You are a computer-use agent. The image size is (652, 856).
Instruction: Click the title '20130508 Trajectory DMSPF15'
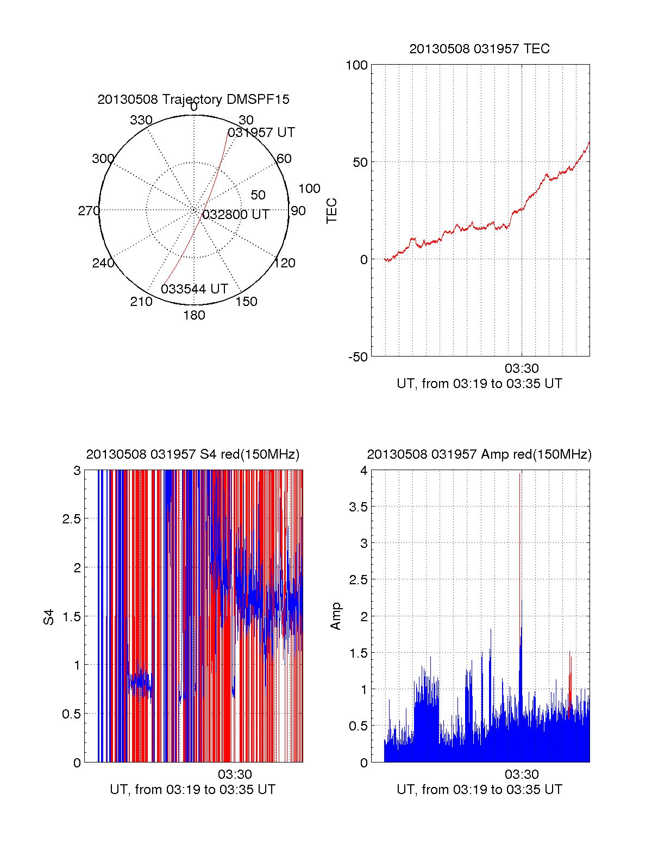[x=193, y=99]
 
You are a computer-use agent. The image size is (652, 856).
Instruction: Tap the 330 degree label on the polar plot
[x=141, y=120]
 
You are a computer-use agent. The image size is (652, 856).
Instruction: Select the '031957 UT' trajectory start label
[x=261, y=133]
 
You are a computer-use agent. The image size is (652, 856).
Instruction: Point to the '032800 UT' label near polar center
[x=235, y=215]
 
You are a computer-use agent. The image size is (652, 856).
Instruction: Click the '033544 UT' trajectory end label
[x=194, y=289]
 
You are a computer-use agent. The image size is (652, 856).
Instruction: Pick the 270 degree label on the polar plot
[x=89, y=211]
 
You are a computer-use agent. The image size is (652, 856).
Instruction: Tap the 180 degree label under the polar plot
[x=194, y=315]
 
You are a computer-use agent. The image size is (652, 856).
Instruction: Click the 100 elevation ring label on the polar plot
[x=309, y=189]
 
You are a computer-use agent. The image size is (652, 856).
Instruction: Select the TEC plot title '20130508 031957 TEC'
[x=479, y=49]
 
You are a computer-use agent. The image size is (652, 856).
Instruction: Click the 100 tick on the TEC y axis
[x=356, y=65]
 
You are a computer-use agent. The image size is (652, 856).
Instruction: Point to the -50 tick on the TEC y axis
[x=358, y=357]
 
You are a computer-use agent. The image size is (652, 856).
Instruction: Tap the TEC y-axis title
[x=331, y=211]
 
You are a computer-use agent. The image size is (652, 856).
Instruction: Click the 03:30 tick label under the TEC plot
[x=522, y=368]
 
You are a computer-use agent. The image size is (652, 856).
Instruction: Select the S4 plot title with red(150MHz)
[x=193, y=454]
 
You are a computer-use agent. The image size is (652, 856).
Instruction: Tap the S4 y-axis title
[x=49, y=617]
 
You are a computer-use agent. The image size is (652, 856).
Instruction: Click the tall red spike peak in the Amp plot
[x=519, y=474]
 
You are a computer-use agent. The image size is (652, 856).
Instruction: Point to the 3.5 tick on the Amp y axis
[x=358, y=507]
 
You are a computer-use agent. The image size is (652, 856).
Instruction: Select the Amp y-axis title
[x=336, y=616]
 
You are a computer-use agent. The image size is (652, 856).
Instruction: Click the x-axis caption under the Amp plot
[x=479, y=790]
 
